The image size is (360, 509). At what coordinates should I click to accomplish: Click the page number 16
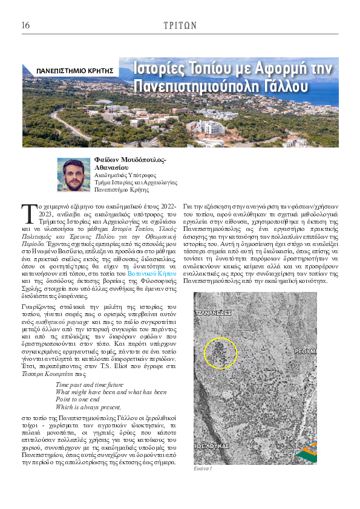[x=25, y=25]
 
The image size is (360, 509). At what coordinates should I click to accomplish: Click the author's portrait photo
[x=73, y=175]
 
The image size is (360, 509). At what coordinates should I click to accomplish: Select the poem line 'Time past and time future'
[x=89, y=384]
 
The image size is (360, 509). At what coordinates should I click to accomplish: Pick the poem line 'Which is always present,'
[x=88, y=407]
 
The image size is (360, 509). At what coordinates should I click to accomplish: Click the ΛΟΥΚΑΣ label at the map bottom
[x=212, y=445]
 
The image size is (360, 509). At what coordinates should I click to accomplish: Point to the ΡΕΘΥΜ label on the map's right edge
[x=306, y=351]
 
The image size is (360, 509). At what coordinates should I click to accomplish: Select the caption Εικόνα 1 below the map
[x=203, y=468]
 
